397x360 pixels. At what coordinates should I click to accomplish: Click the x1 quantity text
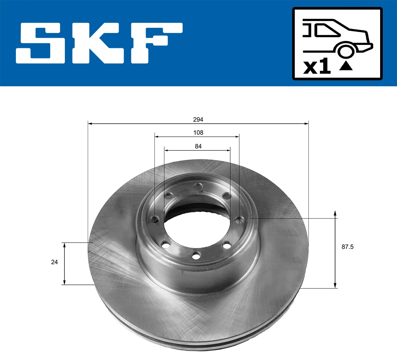(317, 67)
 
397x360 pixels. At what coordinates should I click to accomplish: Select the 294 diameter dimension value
(198, 119)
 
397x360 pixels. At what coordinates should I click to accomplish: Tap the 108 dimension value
(198, 133)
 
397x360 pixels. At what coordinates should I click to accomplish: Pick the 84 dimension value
(198, 146)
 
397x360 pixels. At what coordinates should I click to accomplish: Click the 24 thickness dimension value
(54, 262)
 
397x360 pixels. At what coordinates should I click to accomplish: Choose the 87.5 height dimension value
(347, 247)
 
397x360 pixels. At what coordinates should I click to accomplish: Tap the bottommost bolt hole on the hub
(197, 256)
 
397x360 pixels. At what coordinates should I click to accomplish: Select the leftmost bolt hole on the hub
(154, 219)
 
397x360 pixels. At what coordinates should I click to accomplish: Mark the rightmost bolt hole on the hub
(239, 219)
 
